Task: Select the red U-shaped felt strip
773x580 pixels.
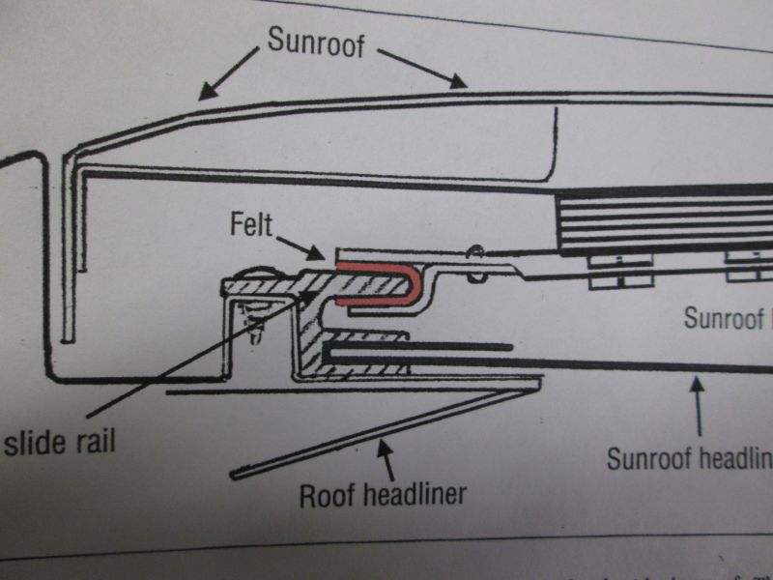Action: click(381, 281)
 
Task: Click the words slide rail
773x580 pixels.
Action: click(60, 444)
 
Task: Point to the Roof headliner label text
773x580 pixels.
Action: click(383, 495)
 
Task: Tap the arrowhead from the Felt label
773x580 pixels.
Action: click(321, 256)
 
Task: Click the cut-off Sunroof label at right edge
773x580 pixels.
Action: click(725, 317)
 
